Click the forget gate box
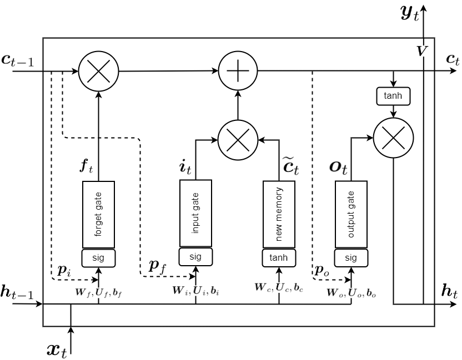pos(98,215)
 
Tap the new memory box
pos(279,214)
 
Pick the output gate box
pos(351,214)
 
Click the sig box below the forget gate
pos(98,257)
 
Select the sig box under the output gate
pos(351,257)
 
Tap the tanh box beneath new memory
pos(279,257)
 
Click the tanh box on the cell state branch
pos(394,96)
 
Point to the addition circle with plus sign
pos(238,71)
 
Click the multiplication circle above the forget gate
pos(99,72)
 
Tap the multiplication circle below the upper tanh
pos(394,138)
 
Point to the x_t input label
pos(57,349)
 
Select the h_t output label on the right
pos(450,291)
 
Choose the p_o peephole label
pos(322,270)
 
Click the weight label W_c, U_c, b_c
pos(279,287)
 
